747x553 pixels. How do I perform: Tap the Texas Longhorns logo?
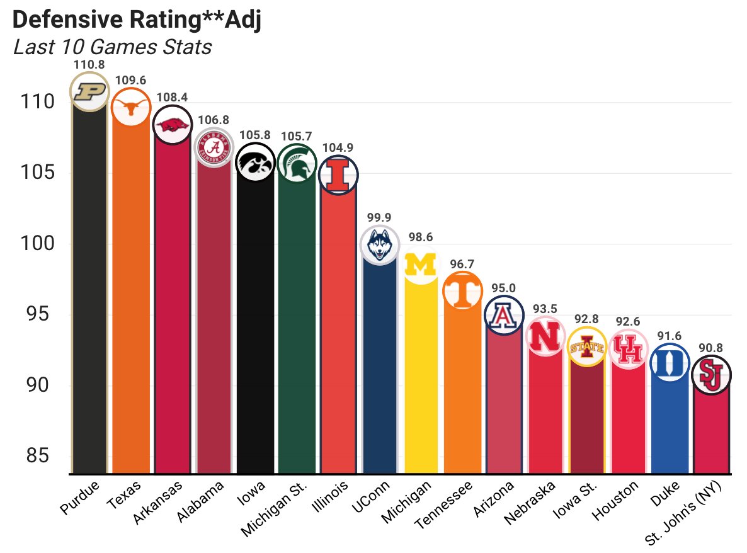130,107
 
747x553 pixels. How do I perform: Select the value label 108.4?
172,98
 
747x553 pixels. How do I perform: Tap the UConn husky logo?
379,244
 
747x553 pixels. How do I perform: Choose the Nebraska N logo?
545,337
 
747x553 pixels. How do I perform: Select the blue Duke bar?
670,428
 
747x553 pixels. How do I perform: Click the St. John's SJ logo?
711,375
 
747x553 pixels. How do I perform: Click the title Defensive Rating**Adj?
137,20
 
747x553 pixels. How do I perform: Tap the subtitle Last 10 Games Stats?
112,47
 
